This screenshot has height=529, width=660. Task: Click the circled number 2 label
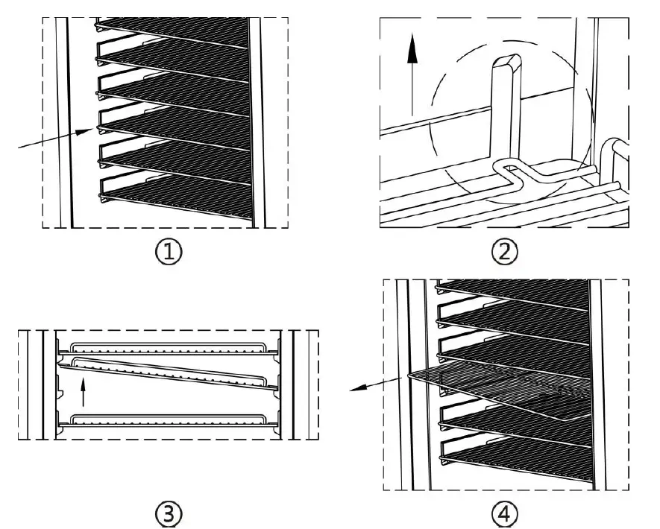505,251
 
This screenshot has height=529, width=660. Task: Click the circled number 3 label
168,513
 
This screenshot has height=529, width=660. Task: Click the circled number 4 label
505,513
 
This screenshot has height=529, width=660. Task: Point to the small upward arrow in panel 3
84,392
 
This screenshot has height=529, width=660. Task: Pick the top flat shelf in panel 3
168,347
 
